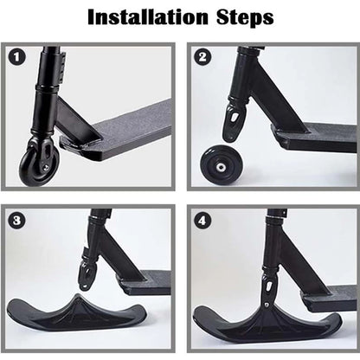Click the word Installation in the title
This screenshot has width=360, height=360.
click(x=146, y=16)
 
